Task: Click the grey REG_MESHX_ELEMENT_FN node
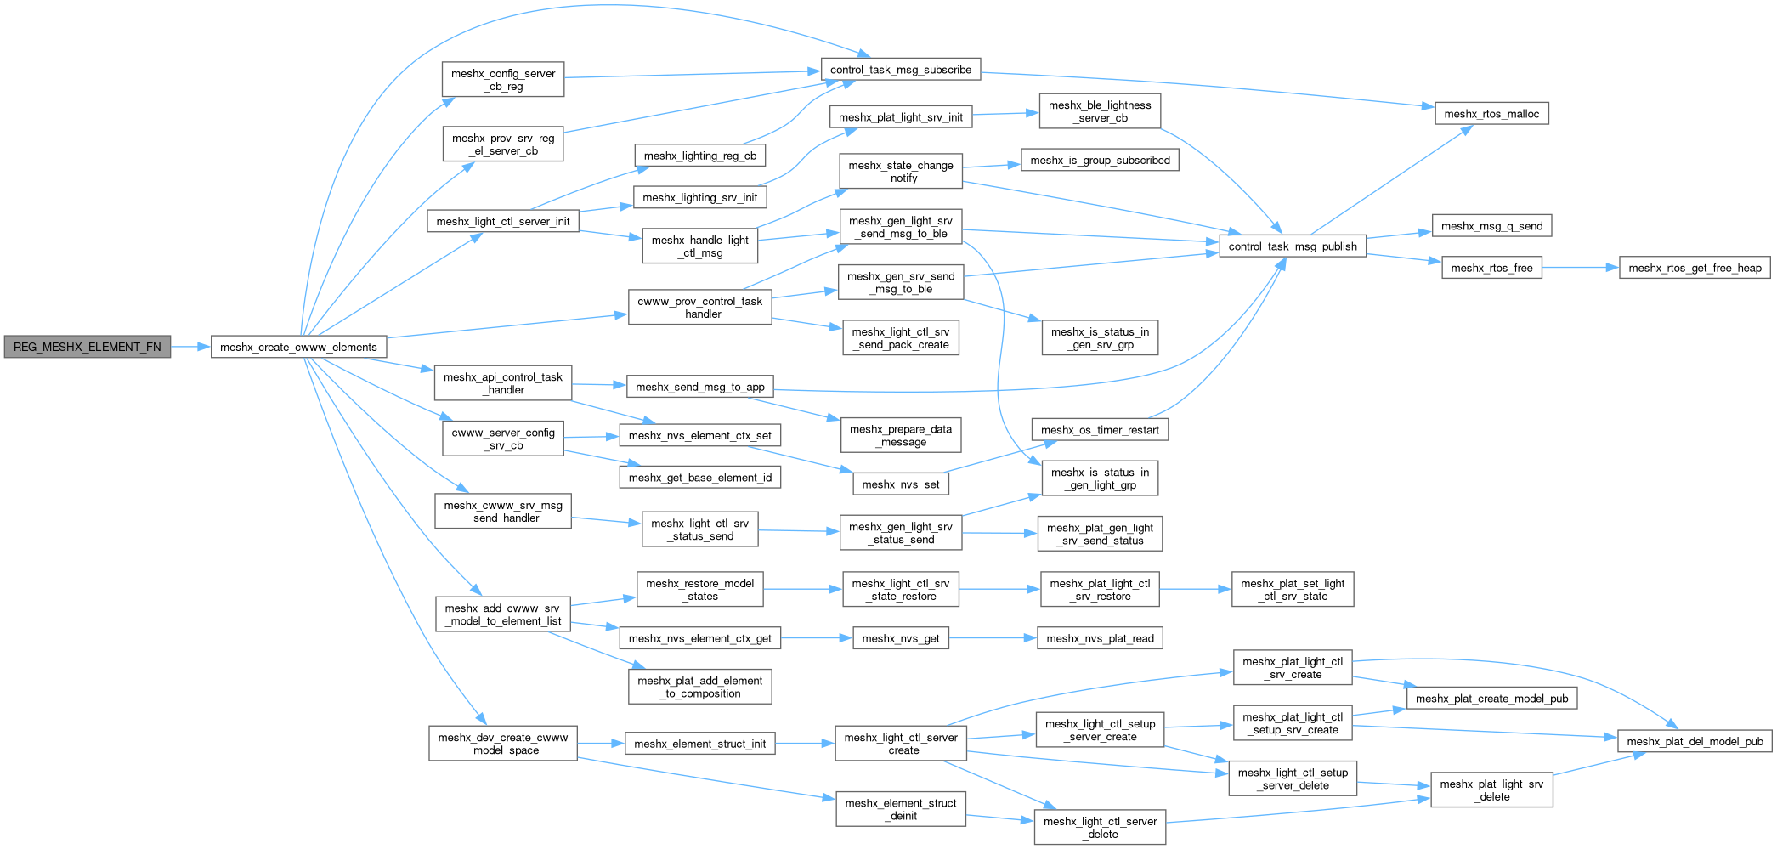[87, 347]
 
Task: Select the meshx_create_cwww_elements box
[298, 347]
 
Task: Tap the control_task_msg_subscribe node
[900, 70]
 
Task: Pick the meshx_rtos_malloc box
[1491, 114]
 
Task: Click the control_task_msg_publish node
[1293, 246]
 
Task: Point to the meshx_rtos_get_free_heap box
[1695, 268]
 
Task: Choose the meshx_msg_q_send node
[1491, 226]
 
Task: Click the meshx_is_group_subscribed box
[1100, 160]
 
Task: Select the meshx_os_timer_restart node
[1100, 430]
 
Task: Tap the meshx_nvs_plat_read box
[1100, 638]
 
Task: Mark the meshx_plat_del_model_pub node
[1695, 741]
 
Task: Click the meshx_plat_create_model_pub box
[1491, 699]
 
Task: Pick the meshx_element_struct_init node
[699, 744]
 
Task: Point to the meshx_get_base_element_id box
[699, 478]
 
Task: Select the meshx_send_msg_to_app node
[699, 387]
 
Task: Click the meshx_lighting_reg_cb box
[699, 156]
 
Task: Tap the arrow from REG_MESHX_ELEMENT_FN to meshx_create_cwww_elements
[190, 347]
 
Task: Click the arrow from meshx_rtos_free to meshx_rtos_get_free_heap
[1580, 268]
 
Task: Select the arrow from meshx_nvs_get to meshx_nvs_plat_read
[993, 638]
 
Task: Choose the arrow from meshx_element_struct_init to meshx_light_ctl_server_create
[804, 744]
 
